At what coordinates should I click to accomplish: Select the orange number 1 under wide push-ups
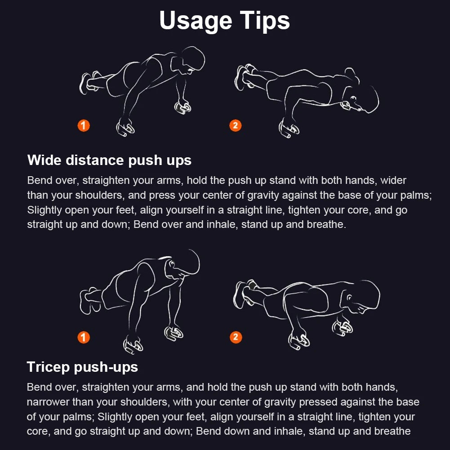[84, 125]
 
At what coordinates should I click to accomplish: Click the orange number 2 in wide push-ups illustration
[235, 125]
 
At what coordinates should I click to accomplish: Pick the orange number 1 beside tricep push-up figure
[84, 337]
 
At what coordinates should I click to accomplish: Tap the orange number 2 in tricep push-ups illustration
[236, 337]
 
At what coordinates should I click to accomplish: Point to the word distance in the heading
[95, 160]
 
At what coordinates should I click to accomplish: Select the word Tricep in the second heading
[48, 367]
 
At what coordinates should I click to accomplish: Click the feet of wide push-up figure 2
[245, 77]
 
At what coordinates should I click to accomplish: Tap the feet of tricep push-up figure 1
[89, 300]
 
